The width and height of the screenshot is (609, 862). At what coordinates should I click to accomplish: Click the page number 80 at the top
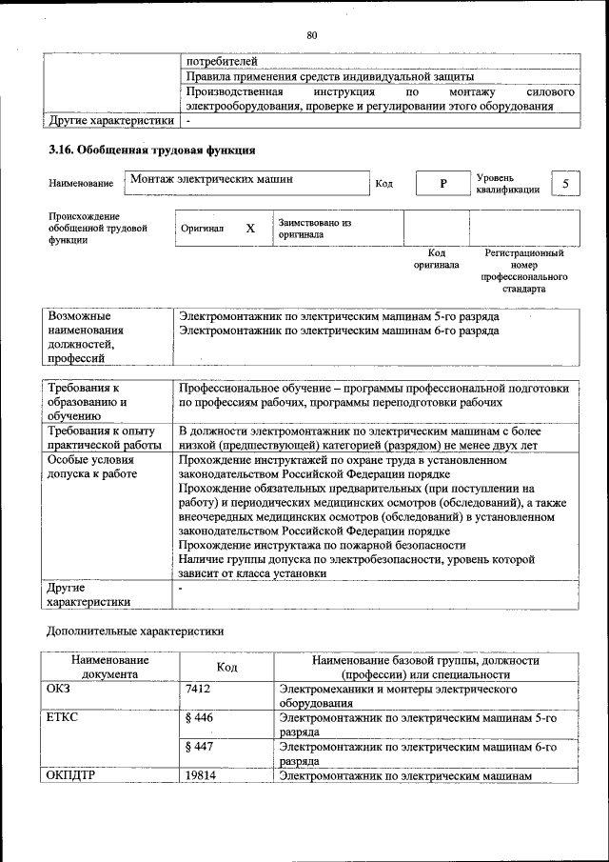click(x=311, y=35)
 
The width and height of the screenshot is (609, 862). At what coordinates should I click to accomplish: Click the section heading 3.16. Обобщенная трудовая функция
click(x=150, y=150)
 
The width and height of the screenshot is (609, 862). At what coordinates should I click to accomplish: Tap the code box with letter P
click(x=442, y=184)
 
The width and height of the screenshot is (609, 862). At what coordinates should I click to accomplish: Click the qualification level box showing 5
click(x=566, y=183)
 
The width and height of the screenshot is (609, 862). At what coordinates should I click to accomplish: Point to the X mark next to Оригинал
click(x=250, y=229)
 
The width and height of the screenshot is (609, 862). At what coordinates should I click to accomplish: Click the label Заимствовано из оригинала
click(x=315, y=229)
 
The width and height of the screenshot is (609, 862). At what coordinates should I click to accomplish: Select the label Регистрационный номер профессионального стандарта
click(x=524, y=271)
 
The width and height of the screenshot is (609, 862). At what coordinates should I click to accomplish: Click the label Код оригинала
click(x=437, y=259)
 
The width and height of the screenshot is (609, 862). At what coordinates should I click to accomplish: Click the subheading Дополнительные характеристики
click(x=135, y=631)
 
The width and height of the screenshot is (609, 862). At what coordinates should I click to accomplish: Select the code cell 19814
click(x=202, y=776)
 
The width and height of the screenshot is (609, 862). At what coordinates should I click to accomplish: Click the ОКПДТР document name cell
click(x=69, y=776)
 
